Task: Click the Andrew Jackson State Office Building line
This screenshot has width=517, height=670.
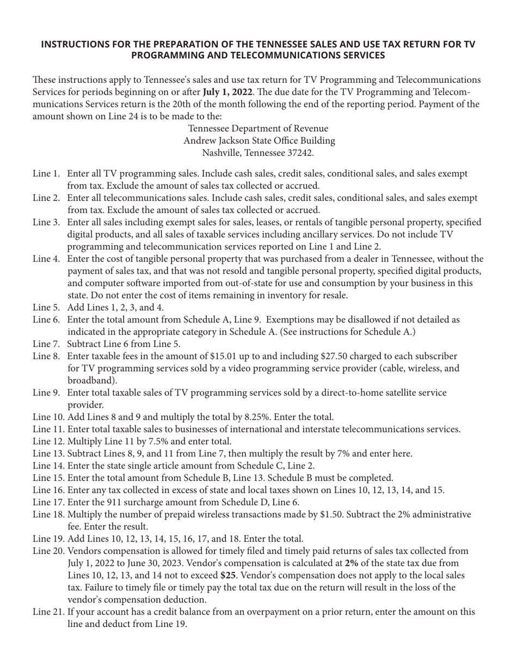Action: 258,141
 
